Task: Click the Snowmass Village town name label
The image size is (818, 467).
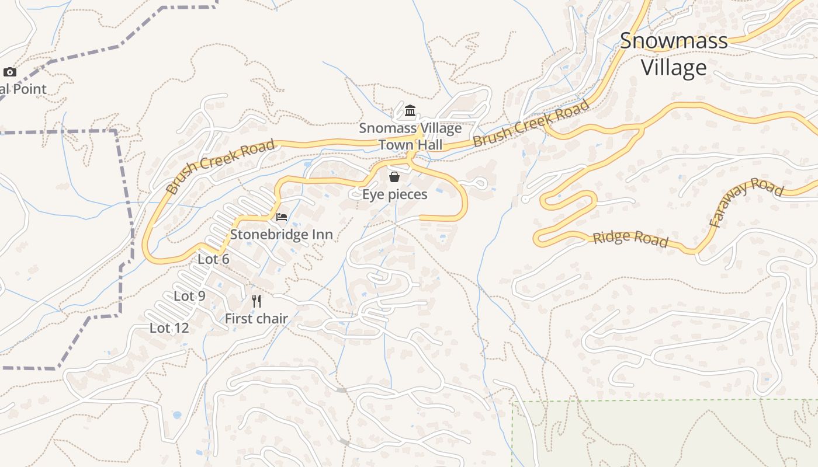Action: coord(674,54)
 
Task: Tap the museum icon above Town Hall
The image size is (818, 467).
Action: coord(410,110)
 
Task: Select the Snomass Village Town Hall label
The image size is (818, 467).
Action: coord(410,136)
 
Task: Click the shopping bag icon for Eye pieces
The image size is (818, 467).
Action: coord(394,176)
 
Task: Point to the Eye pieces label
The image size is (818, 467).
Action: coord(394,194)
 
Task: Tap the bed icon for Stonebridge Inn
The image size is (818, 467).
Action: coord(282,217)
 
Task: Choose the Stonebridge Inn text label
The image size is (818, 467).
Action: coord(281,235)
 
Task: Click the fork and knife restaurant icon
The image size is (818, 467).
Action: coord(257,301)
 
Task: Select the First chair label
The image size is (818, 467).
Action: coord(257,319)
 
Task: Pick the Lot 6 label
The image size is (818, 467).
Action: coord(213,259)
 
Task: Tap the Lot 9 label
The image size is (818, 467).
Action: coord(189,297)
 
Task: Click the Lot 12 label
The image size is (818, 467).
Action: coord(169,328)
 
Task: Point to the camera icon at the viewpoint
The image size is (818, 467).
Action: coord(10,72)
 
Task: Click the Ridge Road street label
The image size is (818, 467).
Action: coord(630,239)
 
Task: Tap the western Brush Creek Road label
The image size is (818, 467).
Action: coord(220,166)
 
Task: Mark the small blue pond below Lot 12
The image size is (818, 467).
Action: coord(176,415)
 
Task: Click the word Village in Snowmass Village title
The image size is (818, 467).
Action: coord(674,68)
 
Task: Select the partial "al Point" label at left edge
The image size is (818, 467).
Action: coord(23,89)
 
